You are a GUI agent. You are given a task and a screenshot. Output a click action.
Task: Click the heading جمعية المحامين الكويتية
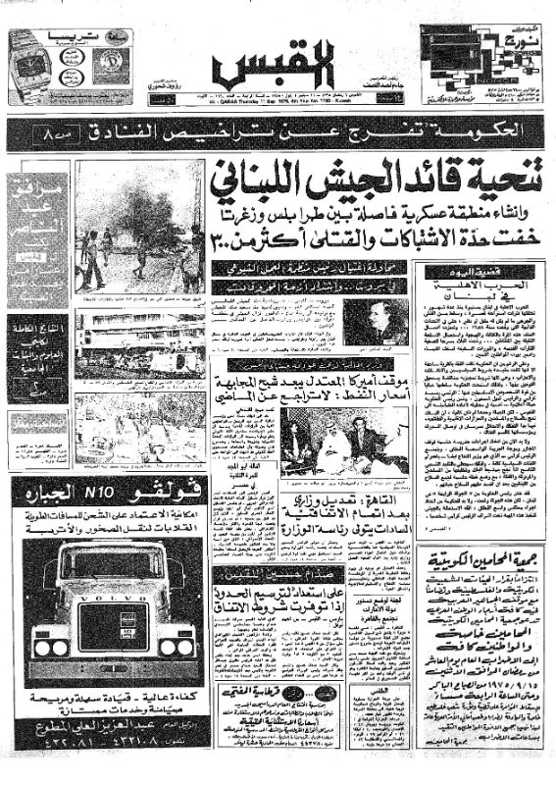[x=480, y=562]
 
